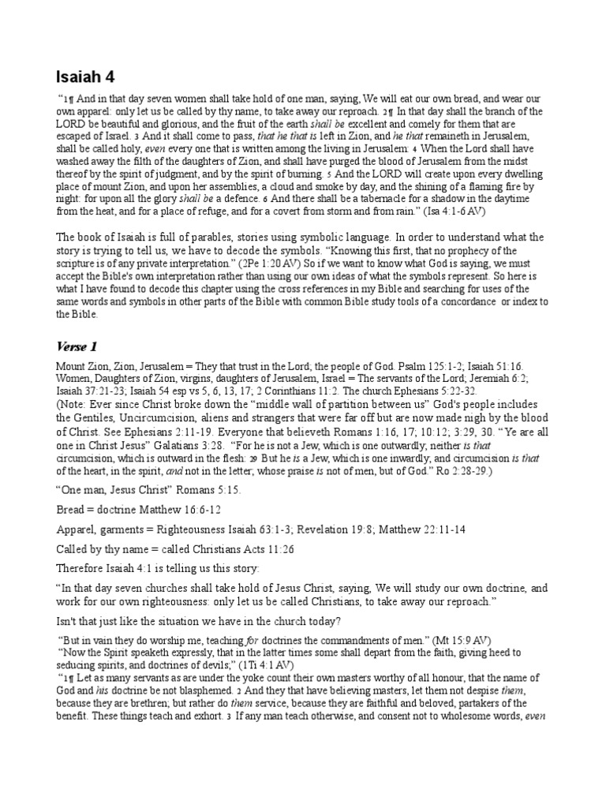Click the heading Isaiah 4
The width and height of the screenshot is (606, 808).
(x=86, y=77)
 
